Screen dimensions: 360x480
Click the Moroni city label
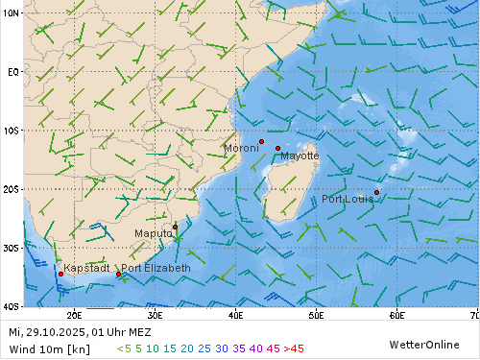point(241,149)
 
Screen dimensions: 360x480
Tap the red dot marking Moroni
point(261,141)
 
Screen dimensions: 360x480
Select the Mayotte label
point(300,156)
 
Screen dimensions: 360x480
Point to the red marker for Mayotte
point(278,148)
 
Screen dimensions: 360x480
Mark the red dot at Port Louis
point(376,192)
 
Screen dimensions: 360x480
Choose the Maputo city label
point(154,233)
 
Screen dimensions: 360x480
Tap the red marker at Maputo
point(175,227)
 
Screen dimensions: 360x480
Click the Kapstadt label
point(86,268)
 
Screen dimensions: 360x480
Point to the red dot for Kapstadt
point(60,274)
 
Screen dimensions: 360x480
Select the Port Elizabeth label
point(156,268)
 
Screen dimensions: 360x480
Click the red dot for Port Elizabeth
point(119,274)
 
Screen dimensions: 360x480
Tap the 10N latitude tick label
point(11,12)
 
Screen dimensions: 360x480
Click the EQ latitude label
point(12,72)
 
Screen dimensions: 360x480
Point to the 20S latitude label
point(11,189)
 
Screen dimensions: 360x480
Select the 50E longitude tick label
point(315,314)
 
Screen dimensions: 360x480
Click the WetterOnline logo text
point(425,344)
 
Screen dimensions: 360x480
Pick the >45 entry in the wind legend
point(293,348)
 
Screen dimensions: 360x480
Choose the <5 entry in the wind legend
point(123,348)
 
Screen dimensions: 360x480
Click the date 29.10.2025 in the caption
point(54,332)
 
